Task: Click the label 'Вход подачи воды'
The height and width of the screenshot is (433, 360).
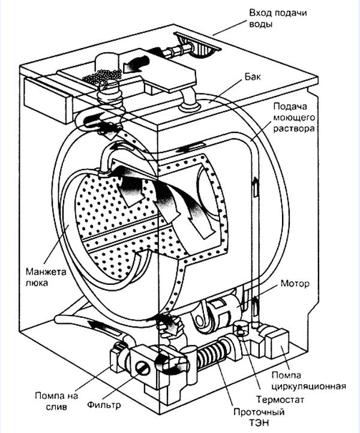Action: pos(278,19)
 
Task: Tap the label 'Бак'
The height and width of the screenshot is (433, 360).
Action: pos(253,77)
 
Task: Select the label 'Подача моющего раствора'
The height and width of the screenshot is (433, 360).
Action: pos(294,118)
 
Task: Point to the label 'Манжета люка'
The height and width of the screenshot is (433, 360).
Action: pos(46,277)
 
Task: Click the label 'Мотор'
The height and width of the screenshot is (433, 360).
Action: pos(295,284)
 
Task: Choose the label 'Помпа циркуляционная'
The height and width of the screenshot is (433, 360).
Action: pos(308,381)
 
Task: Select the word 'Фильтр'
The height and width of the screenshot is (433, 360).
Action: pos(104,405)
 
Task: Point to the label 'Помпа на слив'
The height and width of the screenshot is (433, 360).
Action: pos(56,401)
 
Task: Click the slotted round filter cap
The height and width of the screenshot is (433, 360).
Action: pos(143,368)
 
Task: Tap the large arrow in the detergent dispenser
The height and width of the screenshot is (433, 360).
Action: pos(136,64)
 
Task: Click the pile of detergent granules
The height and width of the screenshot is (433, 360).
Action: pos(103,76)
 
